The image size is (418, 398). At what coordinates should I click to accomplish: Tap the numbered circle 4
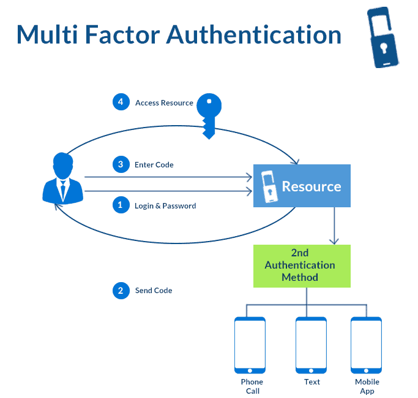click(x=121, y=102)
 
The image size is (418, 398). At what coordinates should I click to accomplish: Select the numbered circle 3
click(x=121, y=164)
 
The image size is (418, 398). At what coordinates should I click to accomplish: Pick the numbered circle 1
click(x=121, y=205)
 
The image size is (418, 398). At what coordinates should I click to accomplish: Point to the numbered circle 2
click(x=121, y=290)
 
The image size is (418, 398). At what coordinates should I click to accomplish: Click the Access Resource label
click(x=164, y=103)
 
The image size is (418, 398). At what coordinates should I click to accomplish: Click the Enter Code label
click(x=154, y=165)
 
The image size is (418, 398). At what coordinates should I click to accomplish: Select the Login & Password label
click(x=165, y=206)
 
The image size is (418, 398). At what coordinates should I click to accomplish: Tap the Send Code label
click(x=154, y=291)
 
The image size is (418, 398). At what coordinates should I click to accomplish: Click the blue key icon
click(x=209, y=113)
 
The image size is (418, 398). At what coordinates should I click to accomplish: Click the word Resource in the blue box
click(x=311, y=186)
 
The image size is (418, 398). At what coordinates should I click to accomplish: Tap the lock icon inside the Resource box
click(x=268, y=186)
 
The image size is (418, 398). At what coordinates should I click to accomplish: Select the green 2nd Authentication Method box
click(x=302, y=266)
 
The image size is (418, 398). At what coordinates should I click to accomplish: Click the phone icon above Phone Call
click(x=250, y=345)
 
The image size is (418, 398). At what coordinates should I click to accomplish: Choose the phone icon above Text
click(x=311, y=345)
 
